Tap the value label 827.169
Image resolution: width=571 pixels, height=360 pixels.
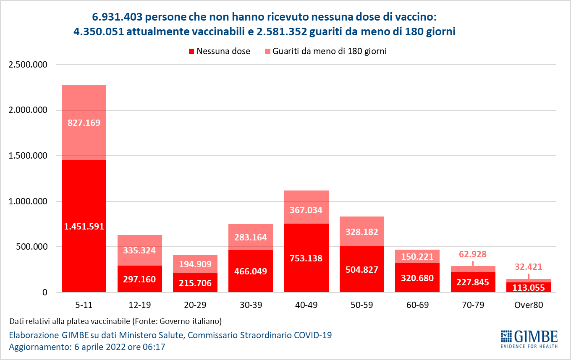click(84, 123)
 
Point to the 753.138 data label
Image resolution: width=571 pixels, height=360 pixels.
click(306, 258)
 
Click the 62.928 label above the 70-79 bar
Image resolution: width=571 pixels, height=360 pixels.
click(473, 254)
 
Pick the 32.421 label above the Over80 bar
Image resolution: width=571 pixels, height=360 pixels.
click(529, 266)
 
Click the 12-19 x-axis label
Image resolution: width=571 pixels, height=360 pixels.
click(139, 305)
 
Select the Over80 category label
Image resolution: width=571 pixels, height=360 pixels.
click(529, 305)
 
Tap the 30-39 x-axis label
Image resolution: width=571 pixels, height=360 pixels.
click(251, 305)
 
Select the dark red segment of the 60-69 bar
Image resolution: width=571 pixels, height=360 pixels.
click(417, 278)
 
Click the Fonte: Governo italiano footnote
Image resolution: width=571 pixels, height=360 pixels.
click(176, 321)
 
